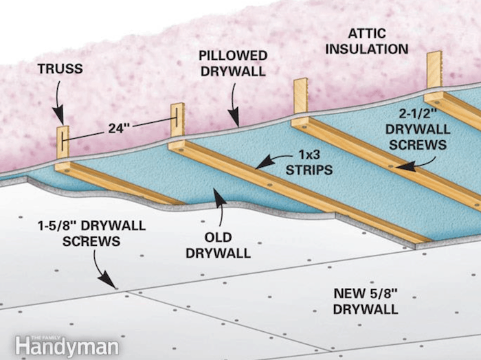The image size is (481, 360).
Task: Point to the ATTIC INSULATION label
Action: click(x=377, y=41)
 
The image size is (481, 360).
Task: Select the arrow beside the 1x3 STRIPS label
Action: click(x=265, y=162)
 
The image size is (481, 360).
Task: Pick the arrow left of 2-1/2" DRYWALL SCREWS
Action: click(x=406, y=166)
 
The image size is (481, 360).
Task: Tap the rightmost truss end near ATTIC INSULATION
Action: click(x=434, y=70)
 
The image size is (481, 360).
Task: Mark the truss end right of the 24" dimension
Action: click(x=178, y=120)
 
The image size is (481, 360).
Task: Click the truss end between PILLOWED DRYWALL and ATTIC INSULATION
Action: click(x=300, y=95)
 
